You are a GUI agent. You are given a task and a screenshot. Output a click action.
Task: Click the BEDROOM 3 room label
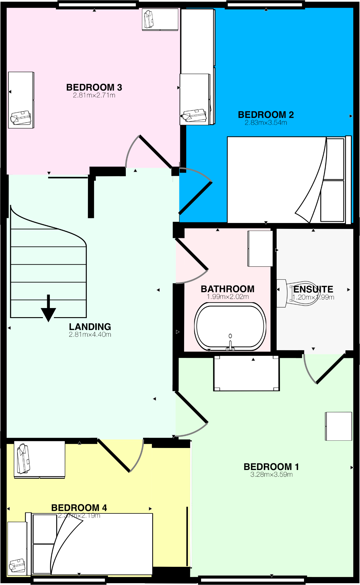pyautogui.click(x=94, y=87)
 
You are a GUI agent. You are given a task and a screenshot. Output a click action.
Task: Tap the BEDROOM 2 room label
pyautogui.click(x=266, y=115)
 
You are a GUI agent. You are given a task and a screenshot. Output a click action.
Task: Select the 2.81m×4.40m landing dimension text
pyautogui.click(x=90, y=334)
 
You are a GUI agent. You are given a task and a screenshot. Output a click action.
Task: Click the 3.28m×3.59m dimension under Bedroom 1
pyautogui.click(x=271, y=475)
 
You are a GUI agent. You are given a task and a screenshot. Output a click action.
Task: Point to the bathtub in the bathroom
pyautogui.click(x=230, y=326)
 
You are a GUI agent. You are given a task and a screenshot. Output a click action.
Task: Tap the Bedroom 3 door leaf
pyautogui.click(x=155, y=151)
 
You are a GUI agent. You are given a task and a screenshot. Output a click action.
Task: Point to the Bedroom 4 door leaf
pyautogui.click(x=114, y=455)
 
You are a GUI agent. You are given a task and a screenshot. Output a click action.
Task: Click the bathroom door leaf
pyautogui.click(x=192, y=254)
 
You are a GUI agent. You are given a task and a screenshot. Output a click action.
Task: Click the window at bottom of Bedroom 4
pyautogui.click(x=69, y=580)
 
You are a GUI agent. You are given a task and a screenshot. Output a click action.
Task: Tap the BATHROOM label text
pyautogui.click(x=227, y=289)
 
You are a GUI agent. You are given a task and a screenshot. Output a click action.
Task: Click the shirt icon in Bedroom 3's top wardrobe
pyautogui.click(x=149, y=19)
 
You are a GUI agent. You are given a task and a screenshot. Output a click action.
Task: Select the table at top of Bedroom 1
pyautogui.click(x=246, y=373)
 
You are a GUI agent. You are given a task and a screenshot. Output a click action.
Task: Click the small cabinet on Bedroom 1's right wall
pyautogui.click(x=339, y=426)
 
